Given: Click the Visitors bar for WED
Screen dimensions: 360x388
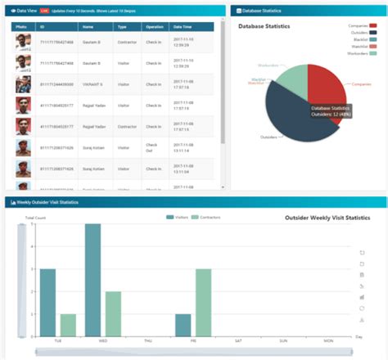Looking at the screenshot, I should click(x=92, y=280).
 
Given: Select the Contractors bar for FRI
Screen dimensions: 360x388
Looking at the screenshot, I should click(x=203, y=302).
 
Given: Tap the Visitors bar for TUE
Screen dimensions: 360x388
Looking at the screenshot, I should click(x=47, y=302).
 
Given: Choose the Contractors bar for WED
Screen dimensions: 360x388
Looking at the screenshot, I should click(x=114, y=313).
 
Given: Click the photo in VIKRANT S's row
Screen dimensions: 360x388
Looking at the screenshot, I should click(x=24, y=83).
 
